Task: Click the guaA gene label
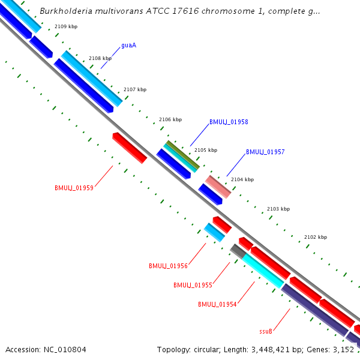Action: [128, 45]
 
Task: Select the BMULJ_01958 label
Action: [229, 122]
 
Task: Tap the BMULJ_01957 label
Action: [265, 152]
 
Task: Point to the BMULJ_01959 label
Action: [74, 188]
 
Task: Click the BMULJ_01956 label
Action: [168, 266]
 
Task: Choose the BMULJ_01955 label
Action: [193, 285]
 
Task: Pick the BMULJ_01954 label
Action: [217, 304]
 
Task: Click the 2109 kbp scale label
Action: [65, 26]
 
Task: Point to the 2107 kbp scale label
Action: [135, 89]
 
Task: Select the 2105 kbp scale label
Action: [206, 150]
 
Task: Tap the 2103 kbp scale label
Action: [278, 209]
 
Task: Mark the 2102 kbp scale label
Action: [316, 237]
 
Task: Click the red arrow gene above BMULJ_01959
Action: [130, 148]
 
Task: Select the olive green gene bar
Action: [182, 155]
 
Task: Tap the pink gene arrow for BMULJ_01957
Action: [218, 187]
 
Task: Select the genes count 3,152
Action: [342, 349]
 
